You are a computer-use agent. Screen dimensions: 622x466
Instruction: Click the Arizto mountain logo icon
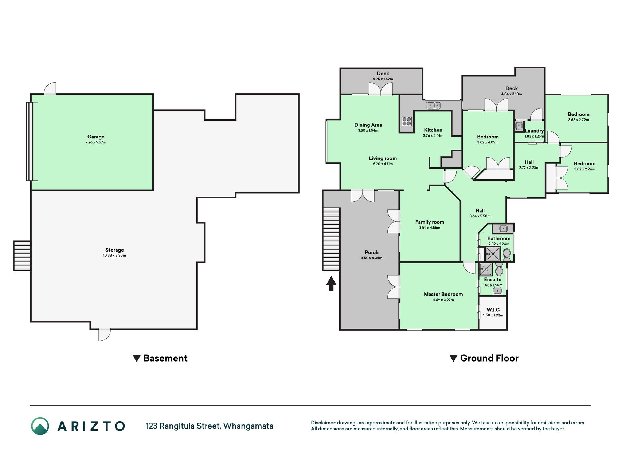tap(40, 426)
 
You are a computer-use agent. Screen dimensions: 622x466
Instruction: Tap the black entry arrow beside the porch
tap(331, 284)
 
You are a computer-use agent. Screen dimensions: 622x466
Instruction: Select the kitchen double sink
tap(434, 106)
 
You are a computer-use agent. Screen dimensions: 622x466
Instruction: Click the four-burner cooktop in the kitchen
tap(407, 121)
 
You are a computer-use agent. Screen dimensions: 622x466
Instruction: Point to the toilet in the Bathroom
tap(506, 253)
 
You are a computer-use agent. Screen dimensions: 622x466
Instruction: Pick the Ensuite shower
tap(485, 270)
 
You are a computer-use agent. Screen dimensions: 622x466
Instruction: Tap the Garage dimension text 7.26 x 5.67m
tap(96, 142)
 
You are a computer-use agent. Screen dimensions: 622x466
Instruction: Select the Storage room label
tap(114, 250)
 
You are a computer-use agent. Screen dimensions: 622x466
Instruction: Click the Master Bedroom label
tap(443, 294)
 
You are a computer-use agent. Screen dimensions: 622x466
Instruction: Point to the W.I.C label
tap(493, 310)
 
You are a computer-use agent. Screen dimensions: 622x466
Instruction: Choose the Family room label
tap(430, 222)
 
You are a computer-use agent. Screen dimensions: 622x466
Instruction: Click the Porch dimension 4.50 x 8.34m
tap(372, 258)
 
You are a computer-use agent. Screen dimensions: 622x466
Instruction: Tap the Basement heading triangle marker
tap(137, 358)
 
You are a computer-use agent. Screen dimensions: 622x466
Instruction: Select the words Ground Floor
tap(489, 358)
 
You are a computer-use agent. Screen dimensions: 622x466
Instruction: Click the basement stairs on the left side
tap(22, 256)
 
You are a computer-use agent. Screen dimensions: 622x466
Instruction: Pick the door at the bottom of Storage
tap(104, 334)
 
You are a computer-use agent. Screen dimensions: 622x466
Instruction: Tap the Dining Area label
tap(368, 125)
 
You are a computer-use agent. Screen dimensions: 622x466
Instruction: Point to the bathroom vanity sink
tap(503, 229)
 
